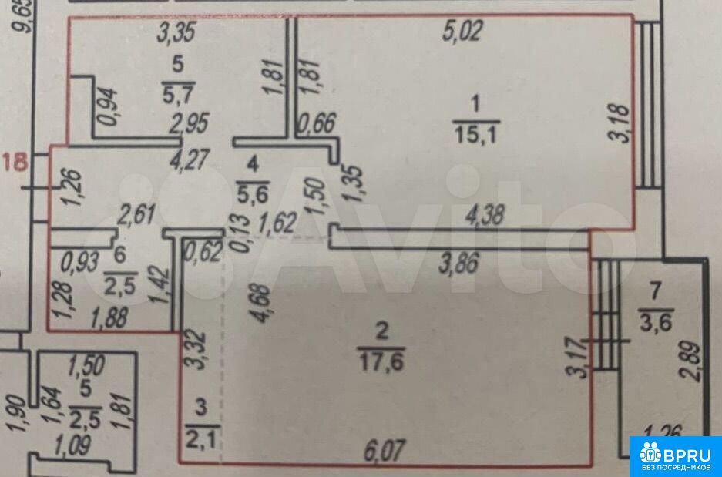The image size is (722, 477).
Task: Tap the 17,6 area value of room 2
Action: pos(382,359)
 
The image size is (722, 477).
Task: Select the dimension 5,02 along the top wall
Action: pos(462,32)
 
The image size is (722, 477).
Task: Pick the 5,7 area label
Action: pos(179,96)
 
